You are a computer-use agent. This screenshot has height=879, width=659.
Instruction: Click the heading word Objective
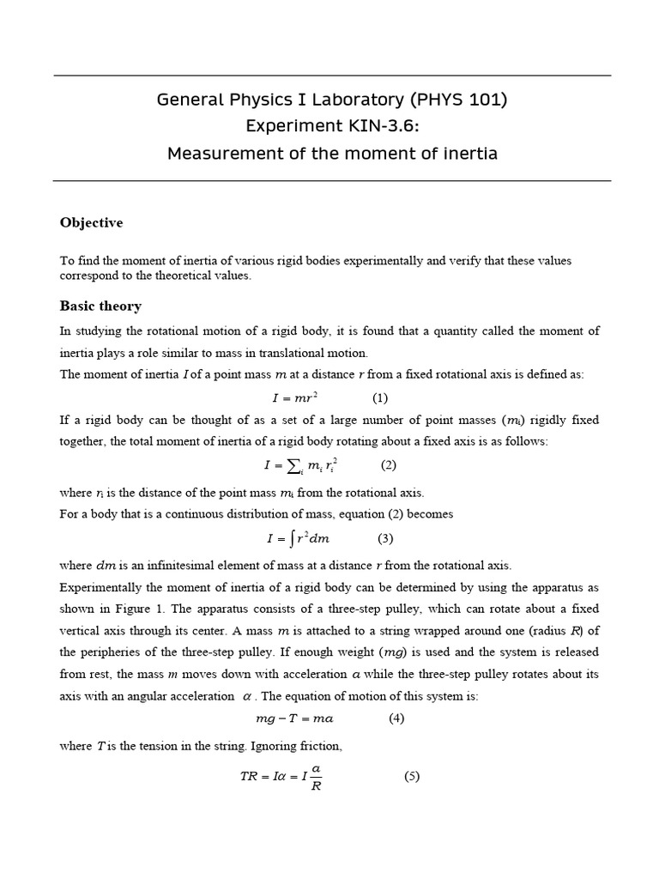pos(91,223)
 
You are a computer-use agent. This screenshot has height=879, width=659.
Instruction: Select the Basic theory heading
pos(100,306)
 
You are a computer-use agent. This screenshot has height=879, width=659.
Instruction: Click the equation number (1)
pos(380,398)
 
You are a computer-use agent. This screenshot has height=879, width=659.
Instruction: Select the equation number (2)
pos(389,465)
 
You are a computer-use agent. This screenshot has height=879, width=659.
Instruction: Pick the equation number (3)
pos(385,539)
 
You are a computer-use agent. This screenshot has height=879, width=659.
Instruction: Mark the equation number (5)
pos(412,777)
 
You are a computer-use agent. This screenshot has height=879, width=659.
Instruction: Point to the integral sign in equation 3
pos(289,539)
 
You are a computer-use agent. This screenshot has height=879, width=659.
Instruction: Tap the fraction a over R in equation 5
pos(316,778)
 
